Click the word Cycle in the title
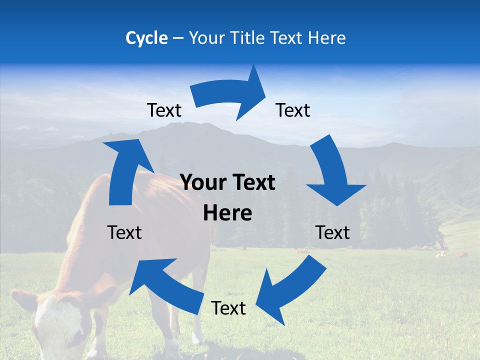click(x=146, y=38)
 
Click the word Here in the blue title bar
click(x=326, y=38)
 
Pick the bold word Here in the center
click(x=228, y=213)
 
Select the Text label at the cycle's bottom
click(x=228, y=308)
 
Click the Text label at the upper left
click(x=164, y=110)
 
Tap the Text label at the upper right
click(x=293, y=110)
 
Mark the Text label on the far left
click(x=124, y=232)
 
